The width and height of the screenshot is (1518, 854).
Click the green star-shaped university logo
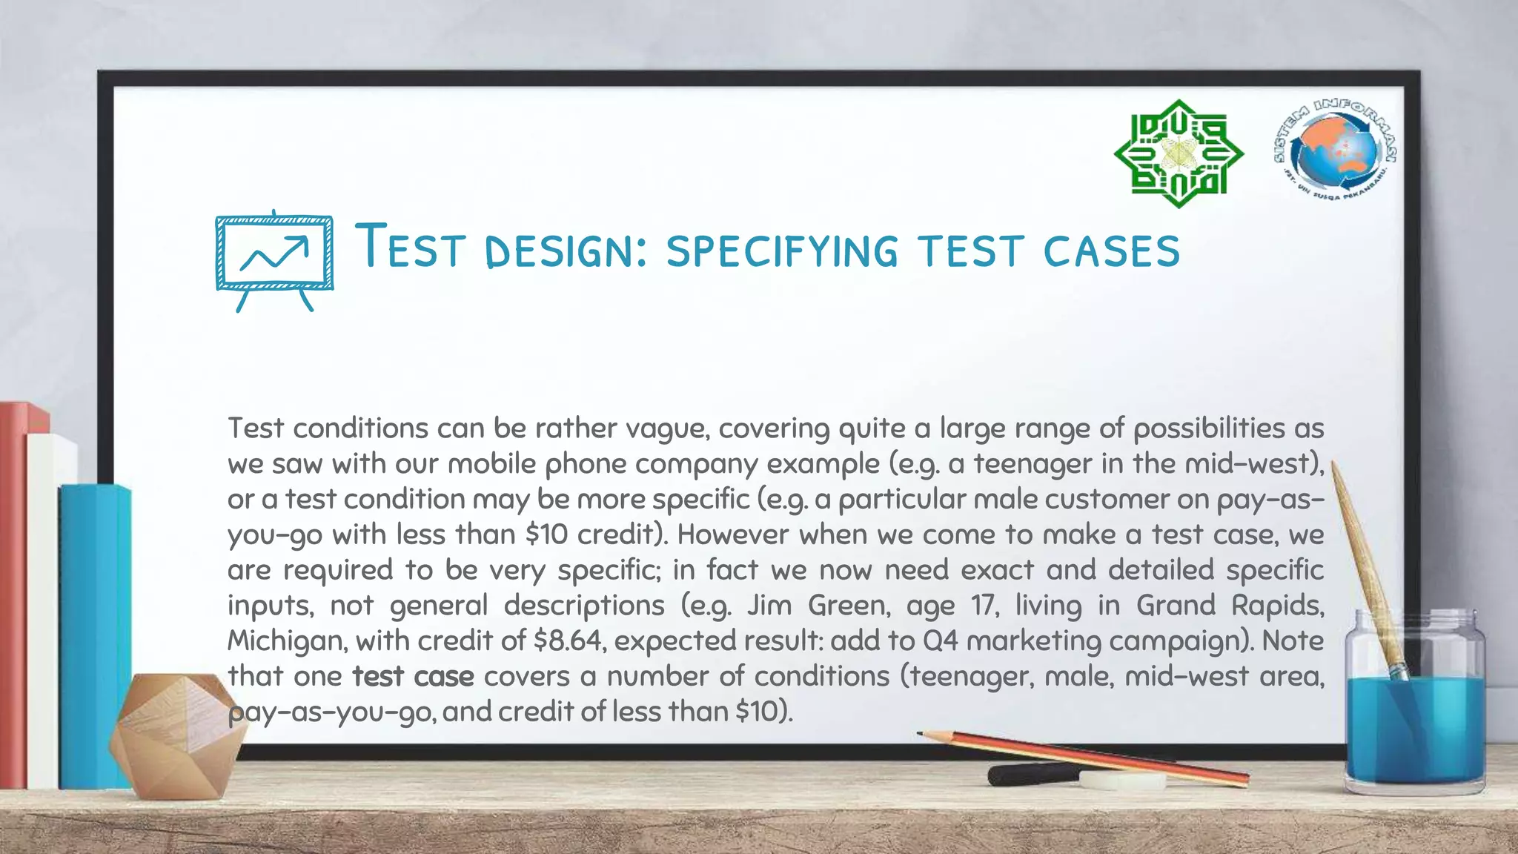click(x=1179, y=154)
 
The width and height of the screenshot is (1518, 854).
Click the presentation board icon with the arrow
click(x=274, y=259)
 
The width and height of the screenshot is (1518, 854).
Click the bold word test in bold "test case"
click(x=377, y=676)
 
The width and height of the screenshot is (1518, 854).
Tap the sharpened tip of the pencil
click(x=922, y=733)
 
